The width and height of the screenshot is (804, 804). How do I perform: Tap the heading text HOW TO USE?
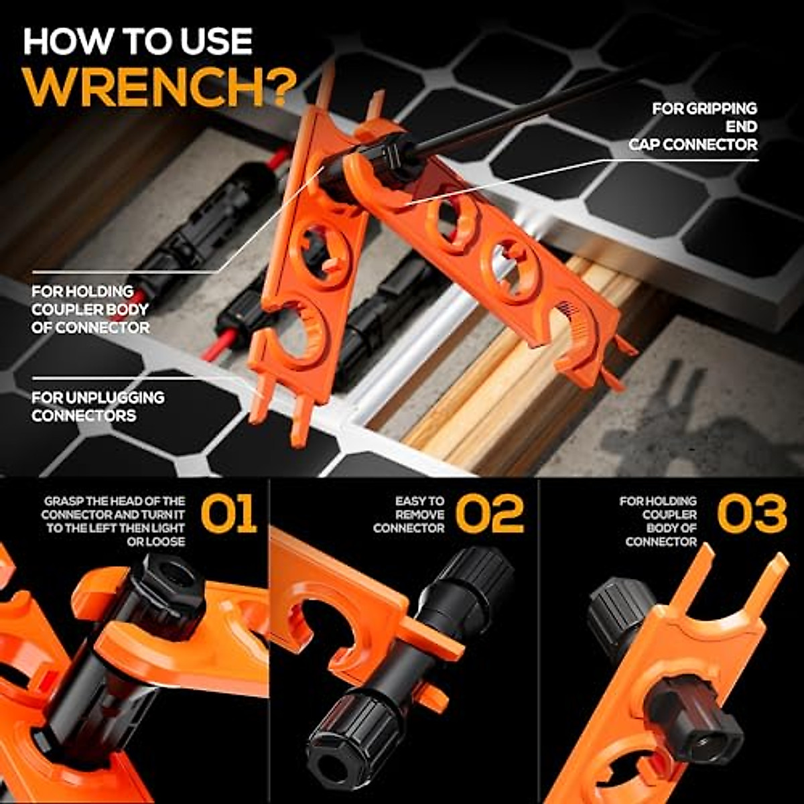pyautogui.click(x=137, y=42)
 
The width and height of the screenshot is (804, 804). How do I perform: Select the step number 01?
pyautogui.click(x=228, y=515)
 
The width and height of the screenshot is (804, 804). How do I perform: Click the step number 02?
pyautogui.click(x=490, y=515)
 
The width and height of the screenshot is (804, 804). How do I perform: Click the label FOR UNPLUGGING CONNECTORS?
pyautogui.click(x=97, y=406)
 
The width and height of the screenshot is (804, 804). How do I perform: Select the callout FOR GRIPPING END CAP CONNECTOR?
pyautogui.click(x=697, y=126)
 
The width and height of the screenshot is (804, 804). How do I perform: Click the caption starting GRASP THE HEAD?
pyautogui.click(x=114, y=521)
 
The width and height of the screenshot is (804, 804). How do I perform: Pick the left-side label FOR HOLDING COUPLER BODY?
pyautogui.click(x=90, y=310)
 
